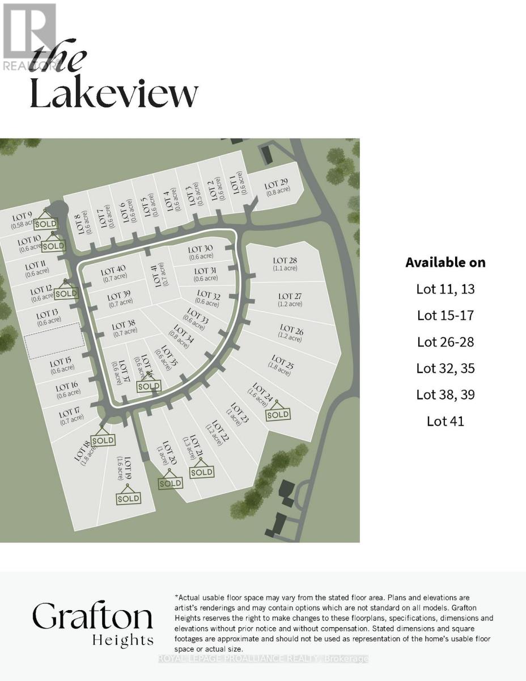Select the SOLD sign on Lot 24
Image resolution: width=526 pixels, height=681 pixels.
(278, 414)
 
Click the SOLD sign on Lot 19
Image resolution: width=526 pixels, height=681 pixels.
(128, 498)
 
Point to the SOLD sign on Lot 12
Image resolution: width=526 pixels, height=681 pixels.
(66, 293)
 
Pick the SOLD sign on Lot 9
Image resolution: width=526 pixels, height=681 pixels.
(46, 223)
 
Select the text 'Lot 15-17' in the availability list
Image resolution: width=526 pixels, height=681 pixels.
(445, 315)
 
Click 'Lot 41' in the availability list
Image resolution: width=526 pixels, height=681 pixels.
(445, 421)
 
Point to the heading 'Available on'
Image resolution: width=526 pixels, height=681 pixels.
(445, 262)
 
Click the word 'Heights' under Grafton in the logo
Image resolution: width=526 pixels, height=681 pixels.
(122, 641)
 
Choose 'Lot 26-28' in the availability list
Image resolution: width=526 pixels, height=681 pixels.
(445, 342)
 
